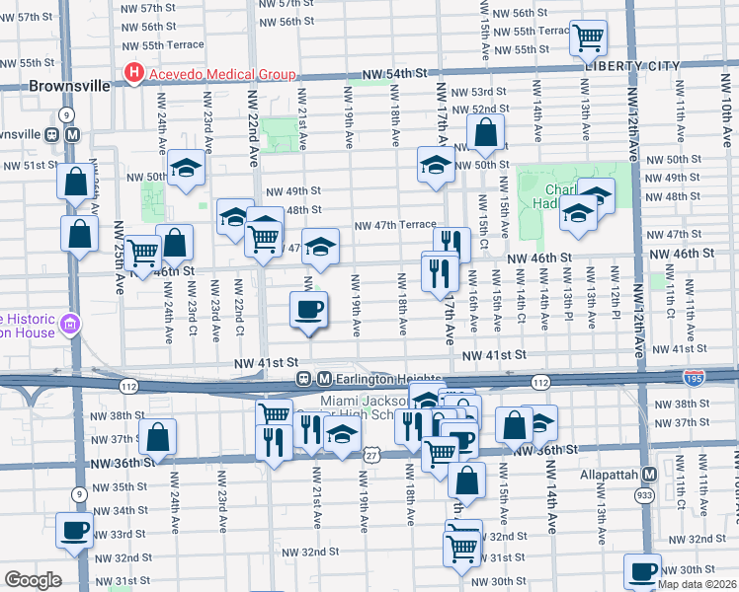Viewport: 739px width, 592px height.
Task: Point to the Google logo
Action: point(33,580)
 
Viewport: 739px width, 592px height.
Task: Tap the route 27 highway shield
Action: point(370,454)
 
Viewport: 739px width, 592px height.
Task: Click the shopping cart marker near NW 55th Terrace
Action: point(588,38)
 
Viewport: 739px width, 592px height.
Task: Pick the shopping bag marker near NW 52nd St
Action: point(486,131)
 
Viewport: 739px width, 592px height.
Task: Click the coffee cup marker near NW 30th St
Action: point(643,571)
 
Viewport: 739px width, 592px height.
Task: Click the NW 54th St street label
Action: point(398,74)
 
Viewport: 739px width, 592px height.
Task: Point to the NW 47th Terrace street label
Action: point(395,225)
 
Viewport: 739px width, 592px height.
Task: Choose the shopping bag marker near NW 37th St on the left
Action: point(158,436)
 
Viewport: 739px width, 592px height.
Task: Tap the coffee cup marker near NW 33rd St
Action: point(75,531)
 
